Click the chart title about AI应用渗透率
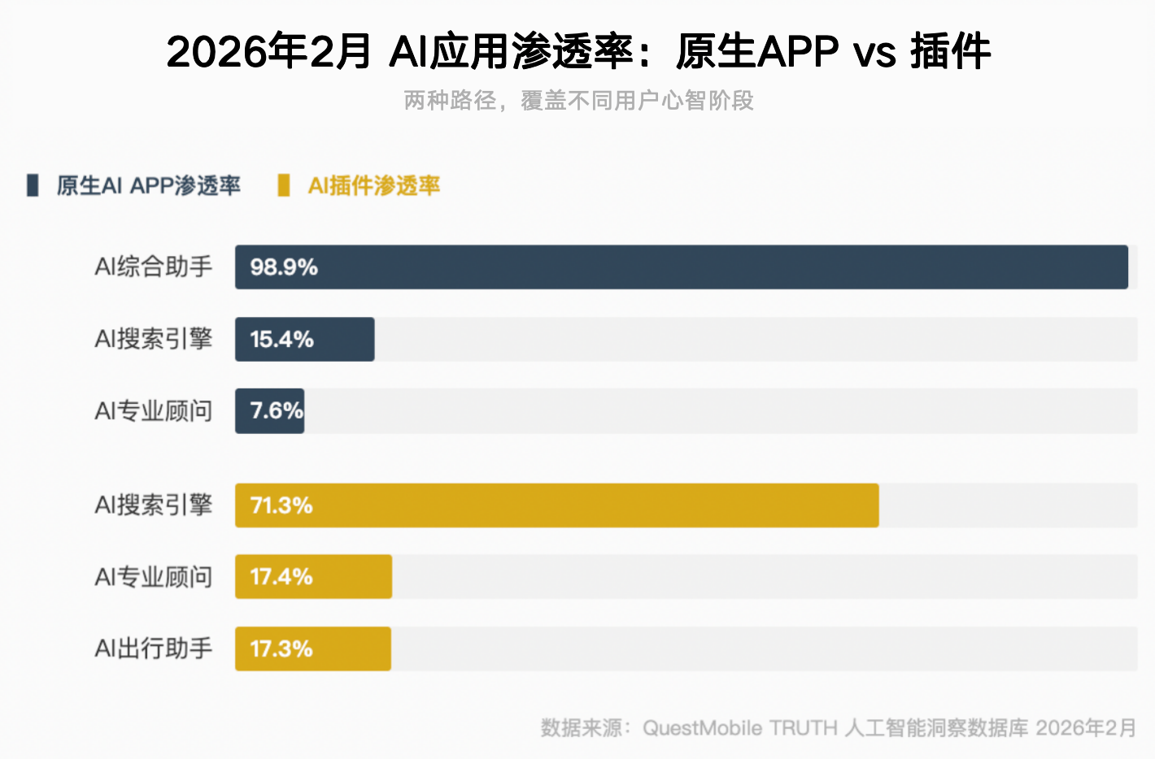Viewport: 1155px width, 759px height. pos(578,52)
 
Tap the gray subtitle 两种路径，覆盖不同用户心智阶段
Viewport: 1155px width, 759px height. pos(578,101)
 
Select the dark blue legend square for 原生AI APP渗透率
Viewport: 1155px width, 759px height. pos(33,185)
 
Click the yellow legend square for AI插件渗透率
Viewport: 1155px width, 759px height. pos(283,185)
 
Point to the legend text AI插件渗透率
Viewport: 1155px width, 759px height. pos(374,186)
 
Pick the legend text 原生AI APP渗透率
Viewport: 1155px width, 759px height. pos(149,186)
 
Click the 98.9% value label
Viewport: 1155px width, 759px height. pos(284,267)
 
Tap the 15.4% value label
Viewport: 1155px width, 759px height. pos(281,340)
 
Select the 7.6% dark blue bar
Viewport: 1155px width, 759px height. pos(269,411)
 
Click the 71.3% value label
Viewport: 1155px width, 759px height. pos(281,505)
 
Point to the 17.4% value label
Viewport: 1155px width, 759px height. pos(281,577)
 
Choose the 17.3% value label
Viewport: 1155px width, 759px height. pos(281,648)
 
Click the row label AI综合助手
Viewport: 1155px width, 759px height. pos(153,267)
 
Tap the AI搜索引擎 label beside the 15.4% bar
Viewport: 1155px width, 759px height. pos(153,339)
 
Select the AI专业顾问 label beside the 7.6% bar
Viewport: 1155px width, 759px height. pos(153,411)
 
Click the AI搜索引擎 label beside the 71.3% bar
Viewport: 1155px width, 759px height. pos(153,505)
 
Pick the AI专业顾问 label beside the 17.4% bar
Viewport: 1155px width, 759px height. pos(153,577)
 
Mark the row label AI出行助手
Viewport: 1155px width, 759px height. pos(153,648)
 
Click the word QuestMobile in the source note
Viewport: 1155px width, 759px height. pos(702,727)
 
